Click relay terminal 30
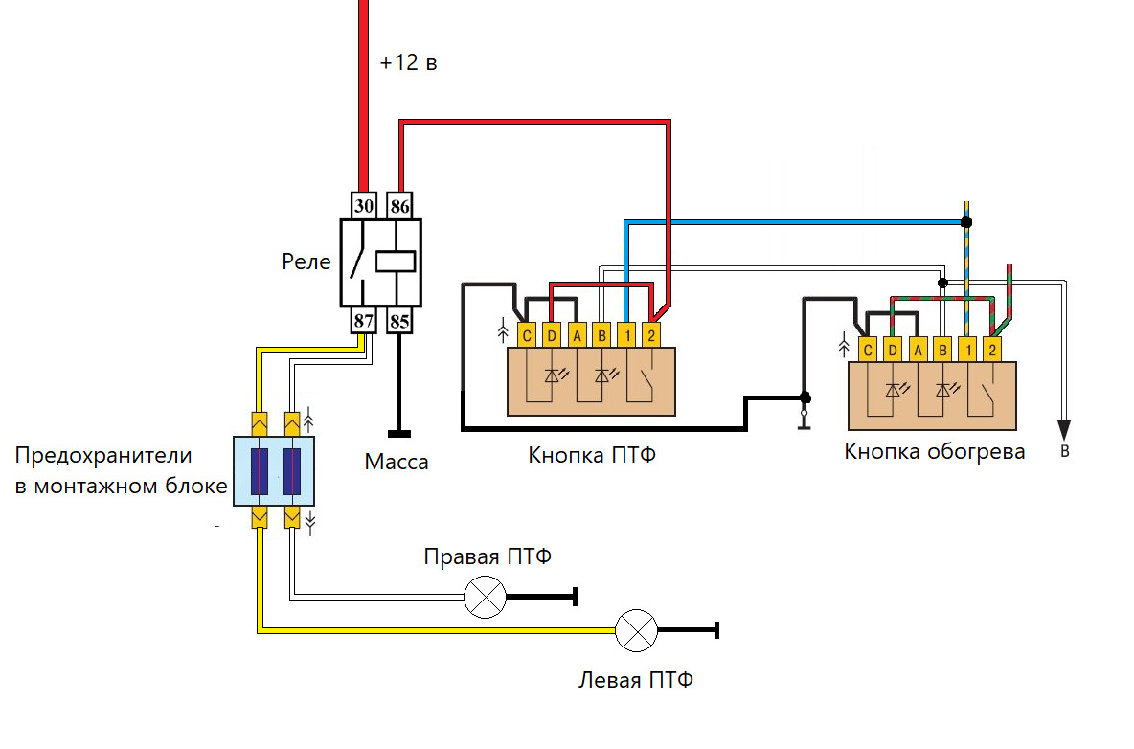coord(363,206)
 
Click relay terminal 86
coord(399,206)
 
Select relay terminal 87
coord(363,321)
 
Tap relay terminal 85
coord(399,321)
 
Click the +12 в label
coord(409,64)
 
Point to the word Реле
coord(306,261)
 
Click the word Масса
coord(397,463)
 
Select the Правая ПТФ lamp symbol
coord(485,598)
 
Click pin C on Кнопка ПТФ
coord(527,335)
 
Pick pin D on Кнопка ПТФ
coord(552,335)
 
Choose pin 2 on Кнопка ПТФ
coord(651,335)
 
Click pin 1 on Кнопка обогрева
coord(967,351)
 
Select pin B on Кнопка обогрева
coord(942,351)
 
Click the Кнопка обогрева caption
coord(935,451)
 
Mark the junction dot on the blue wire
coord(966,222)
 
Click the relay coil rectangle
coord(395,260)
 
